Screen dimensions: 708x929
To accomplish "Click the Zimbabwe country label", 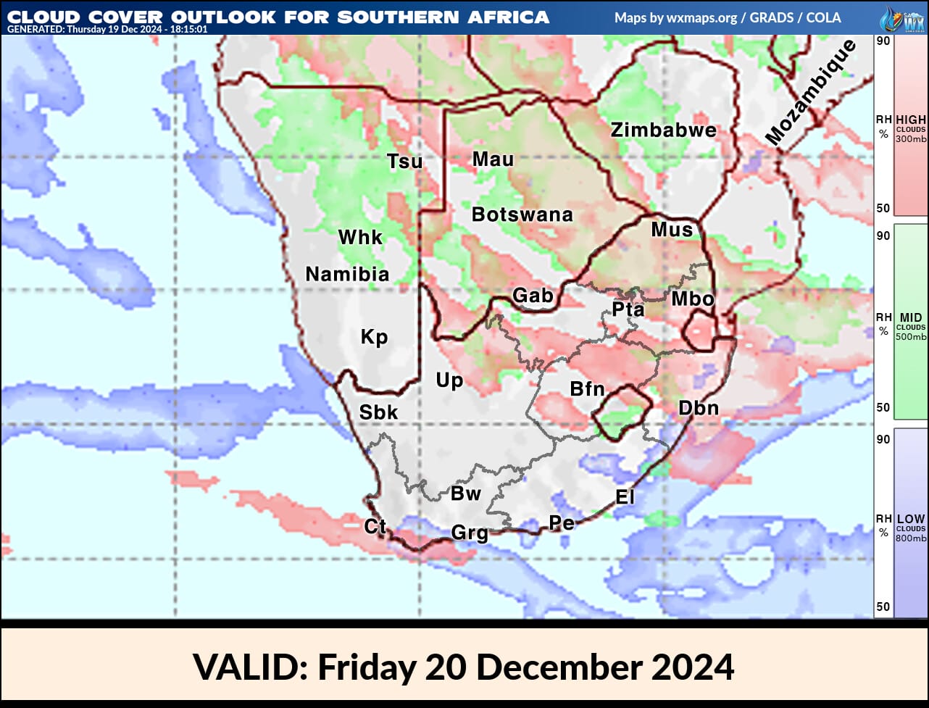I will (663, 130).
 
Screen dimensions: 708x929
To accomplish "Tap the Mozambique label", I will (810, 93).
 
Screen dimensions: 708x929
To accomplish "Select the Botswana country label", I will (522, 215).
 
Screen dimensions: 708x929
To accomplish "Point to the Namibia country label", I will (347, 274).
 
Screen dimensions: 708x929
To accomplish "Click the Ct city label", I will (375, 526).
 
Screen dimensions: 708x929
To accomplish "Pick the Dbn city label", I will (698, 408).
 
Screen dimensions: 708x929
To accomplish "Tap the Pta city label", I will (628, 309).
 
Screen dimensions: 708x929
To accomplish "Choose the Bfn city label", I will (587, 389).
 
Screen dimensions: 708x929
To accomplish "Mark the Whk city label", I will (360, 238).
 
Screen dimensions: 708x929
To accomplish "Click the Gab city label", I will (533, 296).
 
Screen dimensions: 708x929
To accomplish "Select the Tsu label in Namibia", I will (404, 162).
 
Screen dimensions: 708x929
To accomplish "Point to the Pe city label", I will (561, 522).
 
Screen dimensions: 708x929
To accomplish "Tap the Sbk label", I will (378, 412).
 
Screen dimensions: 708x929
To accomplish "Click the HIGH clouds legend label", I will (910, 120).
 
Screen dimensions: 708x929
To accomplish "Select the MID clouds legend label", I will (910, 318).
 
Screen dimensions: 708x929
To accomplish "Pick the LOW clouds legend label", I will (910, 520).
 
